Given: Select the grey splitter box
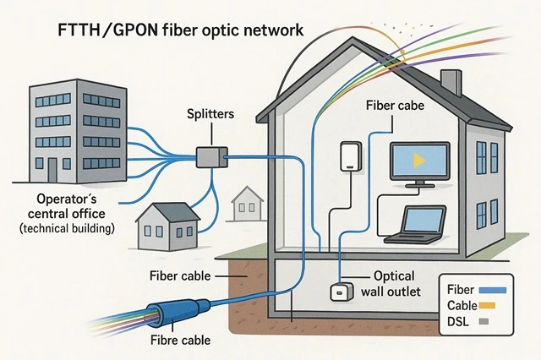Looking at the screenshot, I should pyautogui.click(x=210, y=155).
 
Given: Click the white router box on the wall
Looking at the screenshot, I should pyautogui.click(x=349, y=158).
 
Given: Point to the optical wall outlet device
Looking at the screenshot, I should pyautogui.click(x=340, y=291).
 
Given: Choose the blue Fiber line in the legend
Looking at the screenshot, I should pyautogui.click(x=492, y=290).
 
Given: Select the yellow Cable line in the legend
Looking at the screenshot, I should pyautogui.click(x=491, y=305).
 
